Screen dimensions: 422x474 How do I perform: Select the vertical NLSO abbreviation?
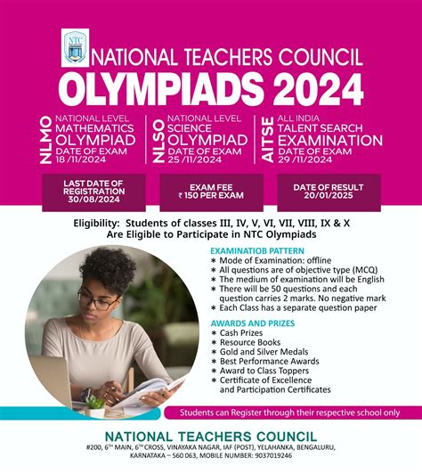point(158,139)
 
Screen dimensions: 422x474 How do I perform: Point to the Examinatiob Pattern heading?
point(253,252)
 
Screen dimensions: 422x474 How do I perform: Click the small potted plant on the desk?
point(93,404)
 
